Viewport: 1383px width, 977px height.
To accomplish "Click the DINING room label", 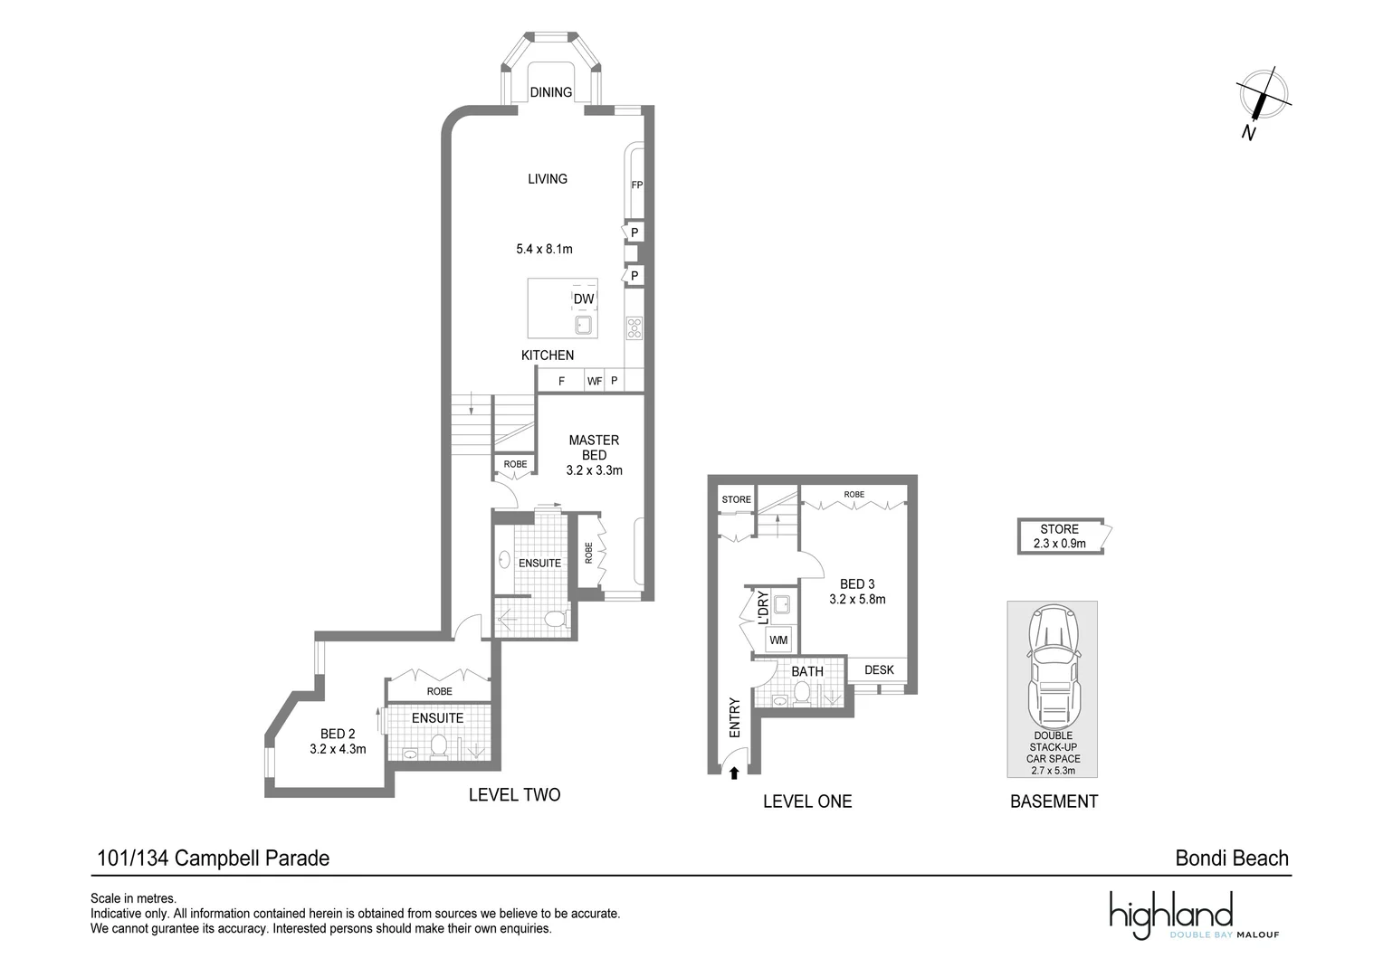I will [x=550, y=92].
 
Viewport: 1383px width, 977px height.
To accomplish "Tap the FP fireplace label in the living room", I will [x=636, y=185].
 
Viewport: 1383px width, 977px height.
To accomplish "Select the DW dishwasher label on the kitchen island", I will [x=584, y=299].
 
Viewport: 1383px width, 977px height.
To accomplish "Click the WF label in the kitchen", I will [x=595, y=382].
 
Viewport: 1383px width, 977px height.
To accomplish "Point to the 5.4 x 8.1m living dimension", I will [x=544, y=249].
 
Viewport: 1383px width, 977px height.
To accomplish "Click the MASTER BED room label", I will [x=594, y=448].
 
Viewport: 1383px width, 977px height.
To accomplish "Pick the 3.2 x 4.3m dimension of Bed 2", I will [x=338, y=749].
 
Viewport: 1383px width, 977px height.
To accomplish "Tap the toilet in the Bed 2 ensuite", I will [x=439, y=746].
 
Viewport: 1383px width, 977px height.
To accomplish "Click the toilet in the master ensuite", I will [x=554, y=619].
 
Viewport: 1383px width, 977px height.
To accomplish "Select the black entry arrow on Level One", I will [x=734, y=773].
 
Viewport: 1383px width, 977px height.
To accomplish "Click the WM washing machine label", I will [x=778, y=640].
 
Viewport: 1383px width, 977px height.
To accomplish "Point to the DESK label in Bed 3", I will [x=879, y=670].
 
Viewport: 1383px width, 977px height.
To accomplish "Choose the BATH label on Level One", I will [x=807, y=671].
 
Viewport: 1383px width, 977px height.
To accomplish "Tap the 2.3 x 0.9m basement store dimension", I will [x=1059, y=544].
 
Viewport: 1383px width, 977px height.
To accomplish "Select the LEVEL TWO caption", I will [x=514, y=795].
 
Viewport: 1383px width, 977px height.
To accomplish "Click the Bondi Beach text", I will [x=1231, y=858].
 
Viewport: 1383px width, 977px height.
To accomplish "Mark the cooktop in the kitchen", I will [x=634, y=327].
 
